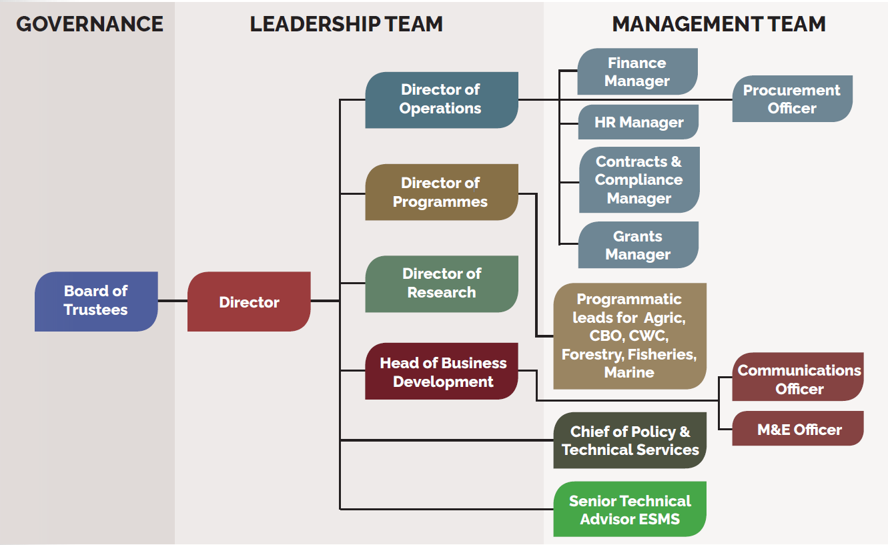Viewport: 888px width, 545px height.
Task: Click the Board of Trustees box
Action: pos(96,301)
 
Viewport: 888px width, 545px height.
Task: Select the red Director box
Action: pos(249,302)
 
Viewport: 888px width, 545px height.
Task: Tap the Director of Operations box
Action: pos(441,99)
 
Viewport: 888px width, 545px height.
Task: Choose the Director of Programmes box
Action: pos(441,192)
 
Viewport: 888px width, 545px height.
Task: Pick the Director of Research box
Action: pos(441,284)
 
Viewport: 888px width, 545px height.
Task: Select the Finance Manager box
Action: pos(637,71)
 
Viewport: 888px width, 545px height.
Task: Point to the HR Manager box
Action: pos(638,122)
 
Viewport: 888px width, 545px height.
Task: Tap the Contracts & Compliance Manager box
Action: pos(638,179)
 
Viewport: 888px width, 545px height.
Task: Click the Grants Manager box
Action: pos(638,245)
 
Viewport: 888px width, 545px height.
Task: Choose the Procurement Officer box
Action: pos(792,99)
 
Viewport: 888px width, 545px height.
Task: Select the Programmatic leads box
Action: pos(629,336)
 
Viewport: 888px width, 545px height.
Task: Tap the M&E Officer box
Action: pos(798,429)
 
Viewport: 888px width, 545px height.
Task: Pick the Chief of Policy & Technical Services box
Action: pos(630,440)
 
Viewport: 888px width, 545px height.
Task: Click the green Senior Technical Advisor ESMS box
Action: pos(630,509)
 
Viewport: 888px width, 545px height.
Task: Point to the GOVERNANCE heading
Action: pos(89,24)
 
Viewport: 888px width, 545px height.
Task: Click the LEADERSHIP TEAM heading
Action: pos(346,24)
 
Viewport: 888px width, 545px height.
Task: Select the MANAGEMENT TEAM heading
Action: pos(719,24)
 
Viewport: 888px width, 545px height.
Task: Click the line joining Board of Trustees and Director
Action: pos(173,301)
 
